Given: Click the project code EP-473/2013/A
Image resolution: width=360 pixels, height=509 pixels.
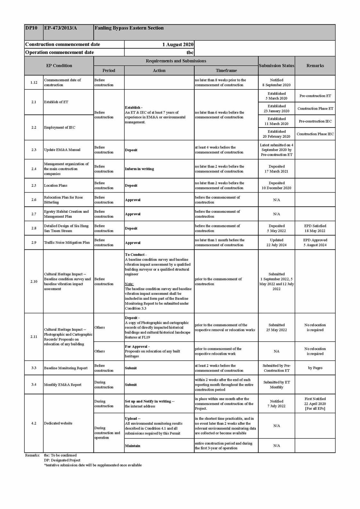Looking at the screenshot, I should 61,28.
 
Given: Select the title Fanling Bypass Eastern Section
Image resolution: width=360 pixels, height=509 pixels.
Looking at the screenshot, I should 129,28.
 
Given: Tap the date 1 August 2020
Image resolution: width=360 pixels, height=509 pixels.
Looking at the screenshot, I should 178,45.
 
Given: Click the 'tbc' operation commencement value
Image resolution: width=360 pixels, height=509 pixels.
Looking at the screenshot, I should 190,53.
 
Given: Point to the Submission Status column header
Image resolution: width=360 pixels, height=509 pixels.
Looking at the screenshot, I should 276,66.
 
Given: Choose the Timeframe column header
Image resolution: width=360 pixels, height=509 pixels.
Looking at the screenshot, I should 226,71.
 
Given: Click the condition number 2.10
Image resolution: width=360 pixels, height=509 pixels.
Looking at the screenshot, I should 34,281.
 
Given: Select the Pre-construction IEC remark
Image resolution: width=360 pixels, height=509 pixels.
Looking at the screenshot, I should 315,121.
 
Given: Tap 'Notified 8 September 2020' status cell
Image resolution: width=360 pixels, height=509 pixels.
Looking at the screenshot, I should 276,82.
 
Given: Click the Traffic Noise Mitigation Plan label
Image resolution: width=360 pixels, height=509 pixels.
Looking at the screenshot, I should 67,243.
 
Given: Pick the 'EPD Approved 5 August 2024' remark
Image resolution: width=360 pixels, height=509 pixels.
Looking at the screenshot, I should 315,243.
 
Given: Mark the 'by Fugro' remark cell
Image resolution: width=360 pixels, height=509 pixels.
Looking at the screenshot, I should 315,368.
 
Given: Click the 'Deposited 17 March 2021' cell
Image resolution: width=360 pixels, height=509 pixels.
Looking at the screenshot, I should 276,169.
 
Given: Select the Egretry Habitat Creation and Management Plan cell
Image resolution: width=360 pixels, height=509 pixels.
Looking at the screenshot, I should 66,214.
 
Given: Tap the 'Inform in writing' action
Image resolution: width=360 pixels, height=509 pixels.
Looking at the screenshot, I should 139,169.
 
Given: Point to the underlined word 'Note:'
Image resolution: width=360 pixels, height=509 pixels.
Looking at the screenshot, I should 129,284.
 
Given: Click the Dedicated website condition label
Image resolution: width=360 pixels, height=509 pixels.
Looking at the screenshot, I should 58,423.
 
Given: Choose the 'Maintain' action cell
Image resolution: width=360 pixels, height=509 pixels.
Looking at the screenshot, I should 132,446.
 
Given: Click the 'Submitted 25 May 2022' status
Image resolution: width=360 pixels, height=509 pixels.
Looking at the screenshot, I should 276,328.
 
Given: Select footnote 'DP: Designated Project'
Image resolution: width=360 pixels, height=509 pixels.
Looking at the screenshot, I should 62,460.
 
